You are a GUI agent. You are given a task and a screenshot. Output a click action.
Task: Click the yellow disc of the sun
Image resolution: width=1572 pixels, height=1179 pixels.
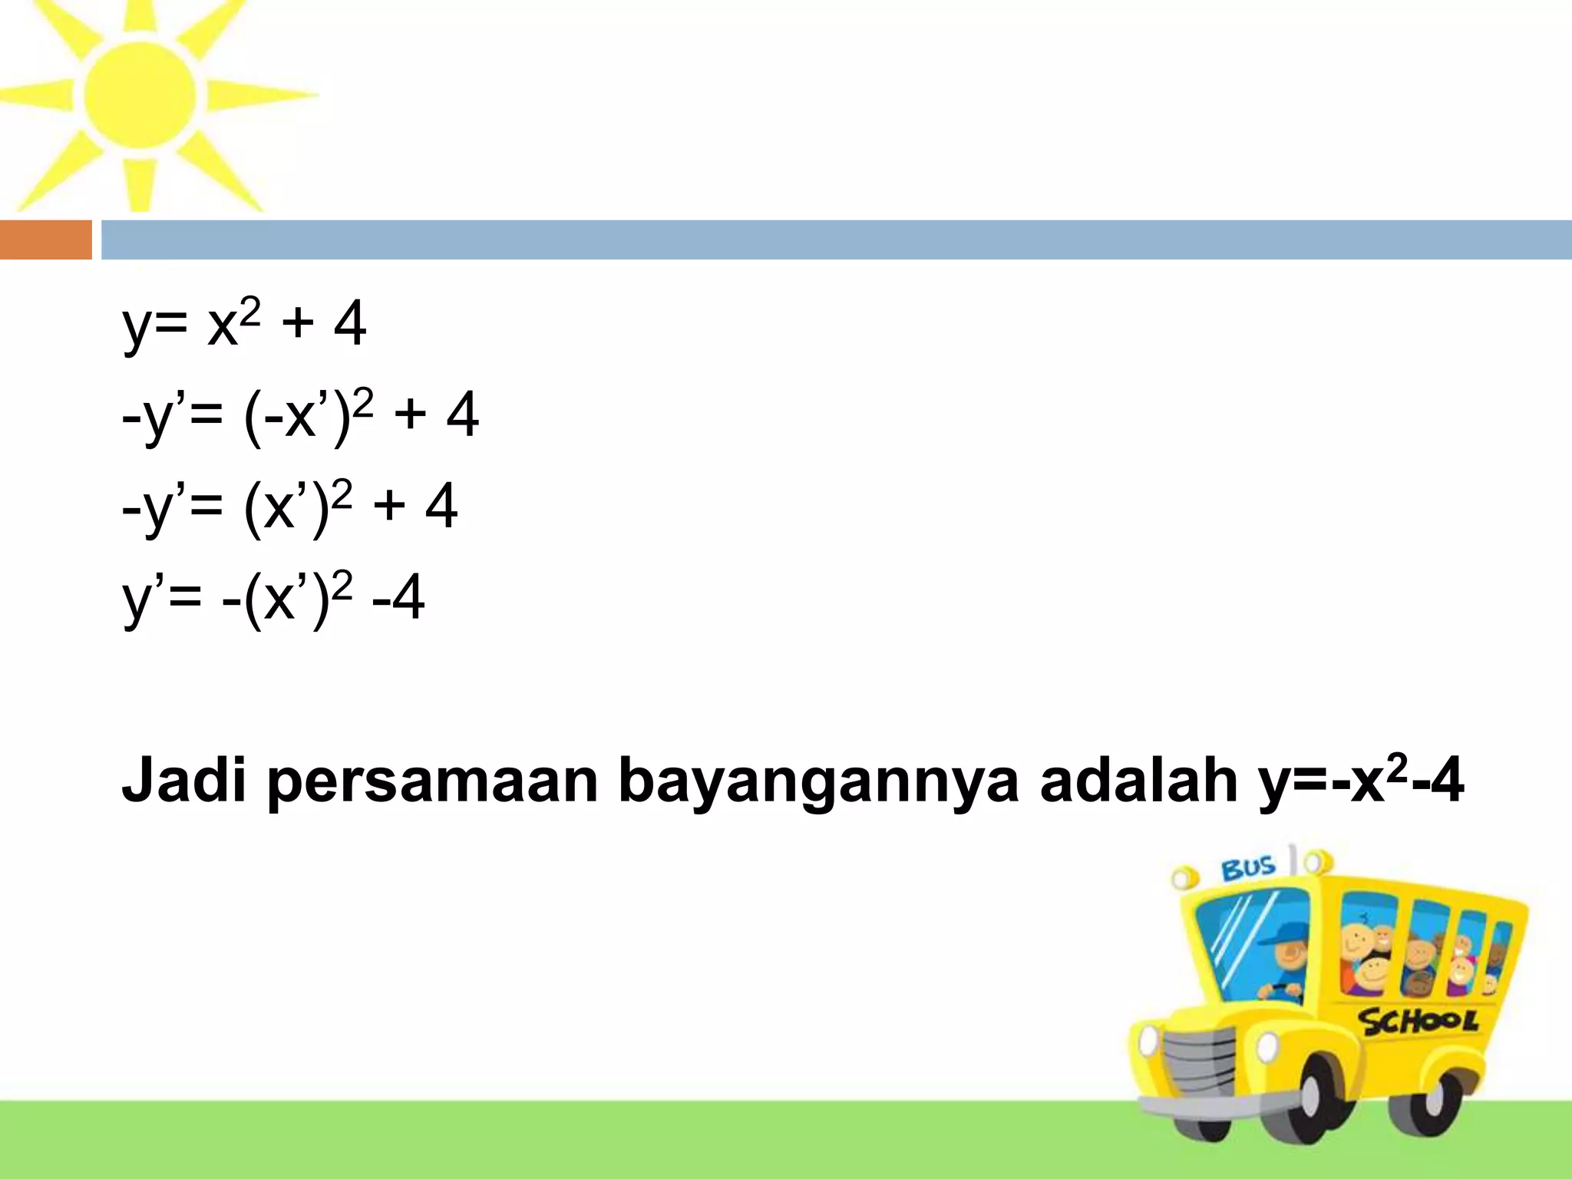(140, 95)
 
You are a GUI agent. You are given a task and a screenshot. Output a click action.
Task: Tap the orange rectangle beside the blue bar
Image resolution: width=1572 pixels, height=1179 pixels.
(45, 240)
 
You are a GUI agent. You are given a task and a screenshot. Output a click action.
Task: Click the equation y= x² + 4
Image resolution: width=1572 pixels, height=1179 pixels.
(244, 324)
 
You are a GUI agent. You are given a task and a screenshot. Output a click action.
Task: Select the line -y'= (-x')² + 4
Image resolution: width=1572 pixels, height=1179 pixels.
(300, 415)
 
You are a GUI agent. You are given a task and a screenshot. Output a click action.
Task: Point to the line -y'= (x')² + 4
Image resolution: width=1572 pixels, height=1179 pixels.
(289, 507)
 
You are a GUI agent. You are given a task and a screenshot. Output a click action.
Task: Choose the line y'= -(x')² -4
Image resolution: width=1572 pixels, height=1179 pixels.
(273, 598)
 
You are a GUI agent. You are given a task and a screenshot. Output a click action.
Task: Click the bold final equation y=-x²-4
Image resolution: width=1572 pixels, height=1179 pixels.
(1360, 781)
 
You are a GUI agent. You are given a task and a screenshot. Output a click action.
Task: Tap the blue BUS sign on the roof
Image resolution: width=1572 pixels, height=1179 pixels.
(1247, 869)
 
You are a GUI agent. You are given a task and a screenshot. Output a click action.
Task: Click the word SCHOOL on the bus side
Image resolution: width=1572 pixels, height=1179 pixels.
(1418, 1021)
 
